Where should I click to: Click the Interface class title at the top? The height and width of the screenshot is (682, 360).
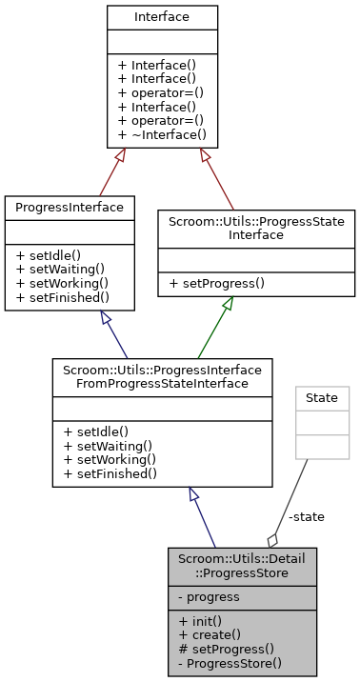coord(162,17)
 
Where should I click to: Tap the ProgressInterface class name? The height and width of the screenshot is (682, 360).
coord(70,207)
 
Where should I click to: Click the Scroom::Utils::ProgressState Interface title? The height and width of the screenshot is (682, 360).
coord(256,227)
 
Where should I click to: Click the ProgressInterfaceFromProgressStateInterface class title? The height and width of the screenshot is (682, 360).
coord(162,375)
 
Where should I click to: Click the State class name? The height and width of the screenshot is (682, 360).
coord(321,397)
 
